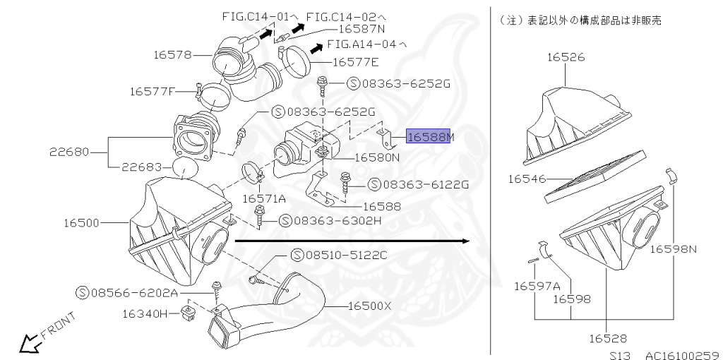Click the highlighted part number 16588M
429,138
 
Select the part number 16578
172,54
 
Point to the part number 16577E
355,62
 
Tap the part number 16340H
145,313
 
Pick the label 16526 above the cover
566,59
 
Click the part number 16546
527,179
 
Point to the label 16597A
537,286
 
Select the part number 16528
607,338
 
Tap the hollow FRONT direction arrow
30,344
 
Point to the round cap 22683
183,170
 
